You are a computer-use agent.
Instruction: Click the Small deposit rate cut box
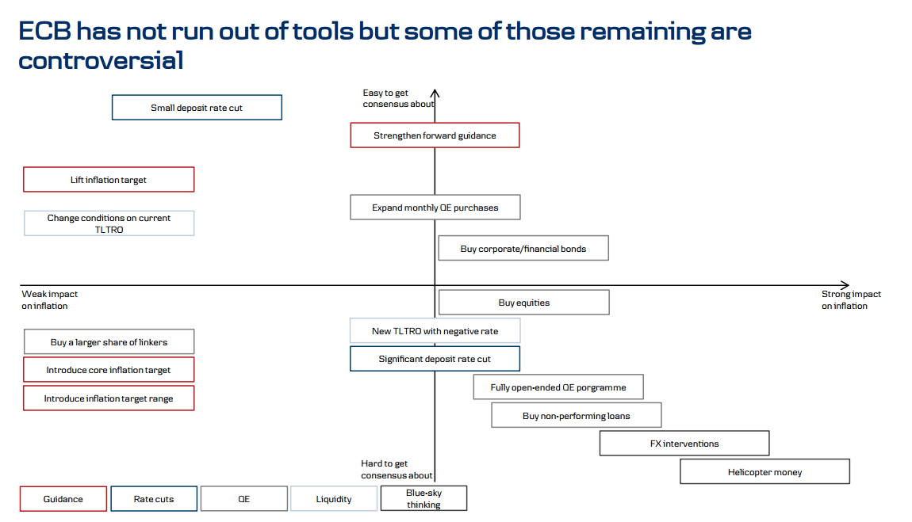(x=197, y=108)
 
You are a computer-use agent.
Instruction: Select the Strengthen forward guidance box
(x=435, y=135)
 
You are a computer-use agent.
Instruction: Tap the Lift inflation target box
(x=109, y=180)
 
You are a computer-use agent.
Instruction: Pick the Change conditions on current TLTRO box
(x=109, y=223)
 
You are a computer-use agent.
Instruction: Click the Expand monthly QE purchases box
(x=435, y=208)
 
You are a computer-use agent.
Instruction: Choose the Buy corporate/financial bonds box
(x=523, y=249)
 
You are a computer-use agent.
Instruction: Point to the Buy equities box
(x=523, y=303)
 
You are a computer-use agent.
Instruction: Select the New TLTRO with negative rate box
(x=435, y=331)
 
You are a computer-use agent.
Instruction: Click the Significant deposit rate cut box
(x=435, y=359)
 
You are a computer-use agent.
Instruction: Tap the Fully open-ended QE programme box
(x=558, y=387)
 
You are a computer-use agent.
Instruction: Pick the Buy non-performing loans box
(x=577, y=415)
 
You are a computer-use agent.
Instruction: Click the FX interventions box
(x=684, y=444)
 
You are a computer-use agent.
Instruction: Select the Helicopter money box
(x=764, y=472)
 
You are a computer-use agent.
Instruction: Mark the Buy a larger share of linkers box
(x=109, y=342)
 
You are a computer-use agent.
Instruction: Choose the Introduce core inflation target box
(x=109, y=370)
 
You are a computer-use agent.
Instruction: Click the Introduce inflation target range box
(x=109, y=398)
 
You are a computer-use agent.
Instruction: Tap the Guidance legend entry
(x=63, y=499)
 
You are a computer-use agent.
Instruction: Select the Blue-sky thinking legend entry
(x=423, y=498)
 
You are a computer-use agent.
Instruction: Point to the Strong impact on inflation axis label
(x=850, y=299)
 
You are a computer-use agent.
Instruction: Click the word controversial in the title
(x=101, y=60)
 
